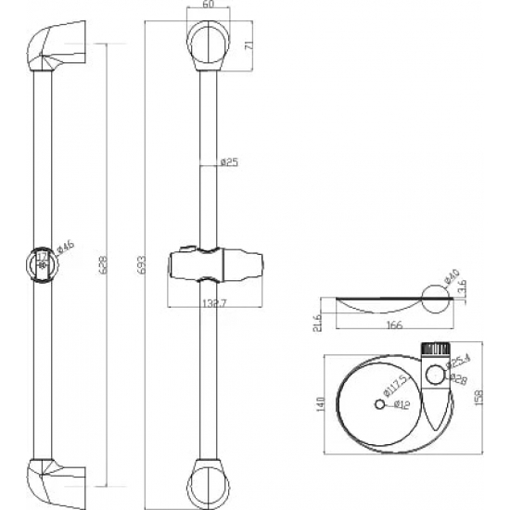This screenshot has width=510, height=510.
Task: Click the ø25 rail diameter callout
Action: click(229, 162)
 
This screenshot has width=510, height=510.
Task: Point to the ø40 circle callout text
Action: click(452, 277)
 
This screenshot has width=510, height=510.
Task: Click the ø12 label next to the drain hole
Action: click(402, 405)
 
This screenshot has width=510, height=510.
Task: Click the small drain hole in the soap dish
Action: click(379, 404)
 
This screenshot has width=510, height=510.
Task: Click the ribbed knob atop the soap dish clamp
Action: click(436, 350)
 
